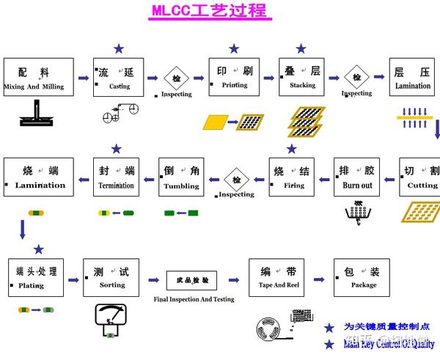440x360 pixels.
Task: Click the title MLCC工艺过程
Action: [x=209, y=12]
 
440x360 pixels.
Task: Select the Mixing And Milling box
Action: [x=38, y=78]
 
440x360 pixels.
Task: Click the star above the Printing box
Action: [x=234, y=48]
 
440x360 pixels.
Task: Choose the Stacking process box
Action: [x=302, y=78]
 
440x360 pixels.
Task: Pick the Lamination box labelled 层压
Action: [x=413, y=78]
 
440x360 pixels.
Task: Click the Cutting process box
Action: [x=421, y=177]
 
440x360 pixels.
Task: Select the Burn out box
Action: [x=357, y=177]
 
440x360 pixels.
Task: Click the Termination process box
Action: [x=117, y=177]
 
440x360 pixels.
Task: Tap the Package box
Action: [x=362, y=277]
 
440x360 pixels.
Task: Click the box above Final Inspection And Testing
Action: [x=192, y=279]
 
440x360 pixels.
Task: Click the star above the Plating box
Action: [x=38, y=249]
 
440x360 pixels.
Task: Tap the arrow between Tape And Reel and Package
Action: [x=319, y=279]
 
